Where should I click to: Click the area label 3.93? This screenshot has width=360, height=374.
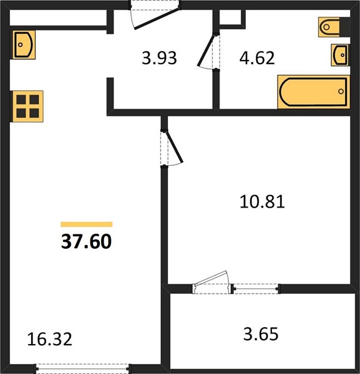coord(159,58)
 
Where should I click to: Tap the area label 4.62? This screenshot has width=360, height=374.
coord(257,58)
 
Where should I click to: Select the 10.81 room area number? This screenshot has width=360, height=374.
coord(262,201)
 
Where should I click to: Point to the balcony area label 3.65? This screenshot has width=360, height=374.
coord(261,333)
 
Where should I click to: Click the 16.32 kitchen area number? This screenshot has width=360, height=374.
coord(50,340)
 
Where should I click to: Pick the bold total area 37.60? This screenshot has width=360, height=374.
coord(87,241)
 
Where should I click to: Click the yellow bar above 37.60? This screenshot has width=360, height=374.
coord(87,224)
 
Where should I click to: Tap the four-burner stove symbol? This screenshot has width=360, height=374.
coord(27,107)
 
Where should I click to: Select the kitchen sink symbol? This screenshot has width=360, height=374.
coord(23,45)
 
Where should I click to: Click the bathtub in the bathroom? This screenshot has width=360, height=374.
coord(314,92)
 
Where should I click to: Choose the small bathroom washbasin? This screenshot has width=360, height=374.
coord(340,55)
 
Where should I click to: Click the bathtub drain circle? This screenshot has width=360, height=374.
coord(341,91)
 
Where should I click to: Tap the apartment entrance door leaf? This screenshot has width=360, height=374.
coord(157,18)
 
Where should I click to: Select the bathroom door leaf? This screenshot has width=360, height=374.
coord(207,50)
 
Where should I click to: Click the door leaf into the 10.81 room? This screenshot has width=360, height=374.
coord(175,146)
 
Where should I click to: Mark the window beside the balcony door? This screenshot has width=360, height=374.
coord(256,289)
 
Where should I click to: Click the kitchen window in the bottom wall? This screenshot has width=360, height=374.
coord(82,369)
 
